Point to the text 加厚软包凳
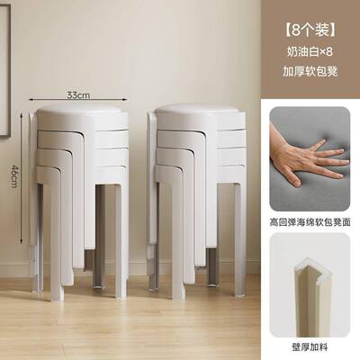pyautogui.click(x=309, y=69)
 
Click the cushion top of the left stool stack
pyautogui.click(x=79, y=112)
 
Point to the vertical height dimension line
pyautogui.click(x=22, y=171)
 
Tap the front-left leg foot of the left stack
pyautogui.click(x=56, y=292)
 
